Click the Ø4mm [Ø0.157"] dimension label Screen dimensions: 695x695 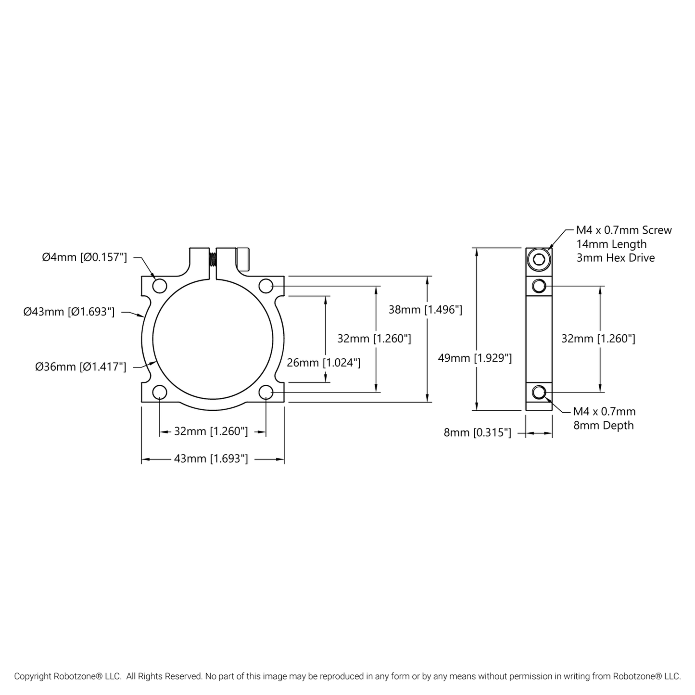[x=84, y=257]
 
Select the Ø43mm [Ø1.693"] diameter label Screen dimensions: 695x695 [x=69, y=312]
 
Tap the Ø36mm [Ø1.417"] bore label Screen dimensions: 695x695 [x=80, y=367]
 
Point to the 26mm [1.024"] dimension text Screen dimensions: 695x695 [x=323, y=363]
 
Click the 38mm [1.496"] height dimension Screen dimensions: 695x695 [x=425, y=310]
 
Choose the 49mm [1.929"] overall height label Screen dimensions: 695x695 [x=474, y=358]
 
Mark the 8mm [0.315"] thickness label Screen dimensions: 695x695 [x=477, y=433]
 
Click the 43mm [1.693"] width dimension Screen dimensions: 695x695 [x=211, y=459]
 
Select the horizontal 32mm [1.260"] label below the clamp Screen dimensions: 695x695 [x=211, y=431]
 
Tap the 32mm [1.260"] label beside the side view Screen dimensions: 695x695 [x=598, y=339]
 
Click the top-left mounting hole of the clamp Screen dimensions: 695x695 [x=159, y=286]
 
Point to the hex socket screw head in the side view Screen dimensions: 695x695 [x=538, y=260]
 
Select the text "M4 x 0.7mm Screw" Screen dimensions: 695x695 [x=624, y=230]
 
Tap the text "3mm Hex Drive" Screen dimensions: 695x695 [x=615, y=258]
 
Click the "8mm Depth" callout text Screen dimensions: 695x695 [x=603, y=426]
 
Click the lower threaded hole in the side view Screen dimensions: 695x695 [x=539, y=393]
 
